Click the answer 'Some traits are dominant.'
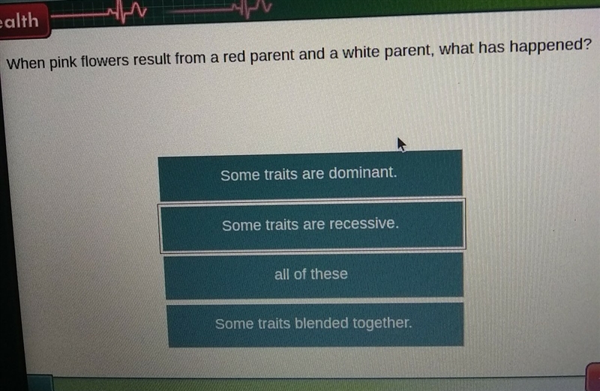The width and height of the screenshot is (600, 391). (x=310, y=175)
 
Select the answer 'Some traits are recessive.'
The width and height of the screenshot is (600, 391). (x=312, y=225)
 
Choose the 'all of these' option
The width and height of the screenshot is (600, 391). (x=313, y=275)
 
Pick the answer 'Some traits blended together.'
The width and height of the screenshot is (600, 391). (x=315, y=324)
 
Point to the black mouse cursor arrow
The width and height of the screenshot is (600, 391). (x=401, y=145)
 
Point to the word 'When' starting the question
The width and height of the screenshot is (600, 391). (x=26, y=63)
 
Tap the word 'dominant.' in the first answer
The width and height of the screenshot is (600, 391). (x=363, y=173)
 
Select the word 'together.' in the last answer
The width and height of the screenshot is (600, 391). (x=382, y=324)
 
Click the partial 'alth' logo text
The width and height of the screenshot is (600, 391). (x=20, y=21)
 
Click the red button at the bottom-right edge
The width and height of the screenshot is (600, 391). (x=592, y=376)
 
